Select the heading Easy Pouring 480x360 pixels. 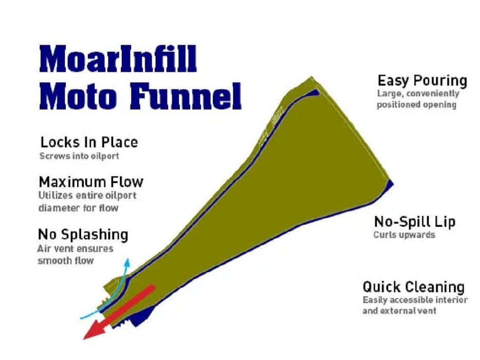click(422, 81)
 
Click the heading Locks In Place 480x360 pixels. click(89, 142)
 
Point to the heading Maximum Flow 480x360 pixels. click(91, 182)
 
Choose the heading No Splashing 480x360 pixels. click(83, 235)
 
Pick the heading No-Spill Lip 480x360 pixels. click(414, 222)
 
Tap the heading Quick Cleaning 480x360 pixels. click(413, 286)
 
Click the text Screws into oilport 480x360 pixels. click(79, 155)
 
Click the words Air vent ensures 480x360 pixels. click(75, 249)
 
